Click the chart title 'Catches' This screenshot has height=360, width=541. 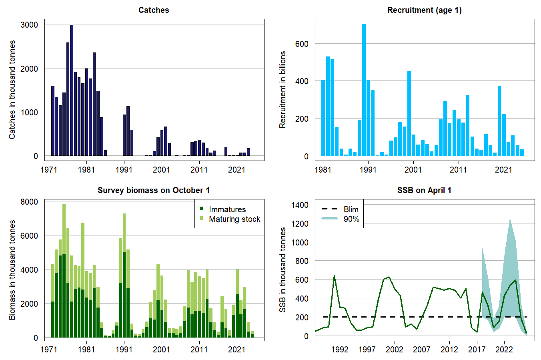click(154, 10)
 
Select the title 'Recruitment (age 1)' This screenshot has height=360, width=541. click(424, 10)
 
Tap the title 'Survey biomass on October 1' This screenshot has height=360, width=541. click(154, 190)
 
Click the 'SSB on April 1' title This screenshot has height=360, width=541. click(424, 190)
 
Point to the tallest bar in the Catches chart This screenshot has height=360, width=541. click(72, 90)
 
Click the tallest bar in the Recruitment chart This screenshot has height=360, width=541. click(364, 90)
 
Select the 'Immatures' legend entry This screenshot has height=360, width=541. click(227, 209)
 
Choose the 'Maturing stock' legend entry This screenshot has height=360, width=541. click(234, 219)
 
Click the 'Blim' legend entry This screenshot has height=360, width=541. click(351, 209)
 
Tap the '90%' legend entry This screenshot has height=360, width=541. click(351, 219)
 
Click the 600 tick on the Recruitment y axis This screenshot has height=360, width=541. click(302, 44)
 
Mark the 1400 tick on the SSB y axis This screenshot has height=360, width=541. click(300, 205)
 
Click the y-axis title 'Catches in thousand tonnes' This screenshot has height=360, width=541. click(12, 90)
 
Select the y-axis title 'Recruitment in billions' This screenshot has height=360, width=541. click(283, 90)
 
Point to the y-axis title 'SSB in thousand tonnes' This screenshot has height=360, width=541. click(283, 270)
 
